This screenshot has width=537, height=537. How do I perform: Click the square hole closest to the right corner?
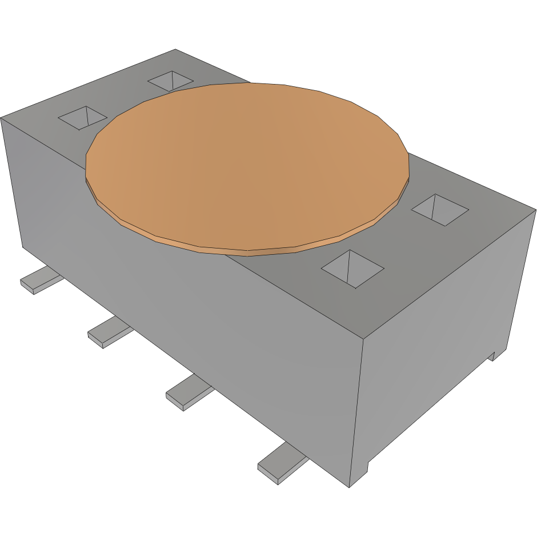point(440,209)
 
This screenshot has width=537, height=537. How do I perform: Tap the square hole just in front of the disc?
point(352,268)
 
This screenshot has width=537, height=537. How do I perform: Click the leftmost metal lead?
point(40,281)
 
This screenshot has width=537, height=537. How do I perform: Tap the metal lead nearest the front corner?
point(281,466)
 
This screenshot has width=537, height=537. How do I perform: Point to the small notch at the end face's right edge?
point(492,355)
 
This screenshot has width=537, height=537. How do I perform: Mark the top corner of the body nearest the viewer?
point(364,339)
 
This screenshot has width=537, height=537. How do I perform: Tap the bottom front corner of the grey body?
point(350,487)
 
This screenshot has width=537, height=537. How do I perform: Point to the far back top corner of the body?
point(175,50)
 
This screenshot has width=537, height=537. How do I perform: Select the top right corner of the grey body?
point(535,210)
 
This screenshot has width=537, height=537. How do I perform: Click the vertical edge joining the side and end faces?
point(357,411)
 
